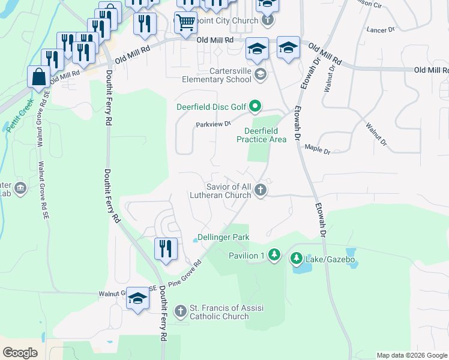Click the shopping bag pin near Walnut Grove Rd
point(39,77)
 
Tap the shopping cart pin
point(186,23)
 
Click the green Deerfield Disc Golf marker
point(255,107)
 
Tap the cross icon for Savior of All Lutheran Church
point(260,190)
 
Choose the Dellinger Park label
point(224,238)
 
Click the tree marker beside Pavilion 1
point(274,256)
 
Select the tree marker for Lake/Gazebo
point(297,259)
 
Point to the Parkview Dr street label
point(213,124)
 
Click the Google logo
point(20,353)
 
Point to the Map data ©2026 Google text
point(411,355)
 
